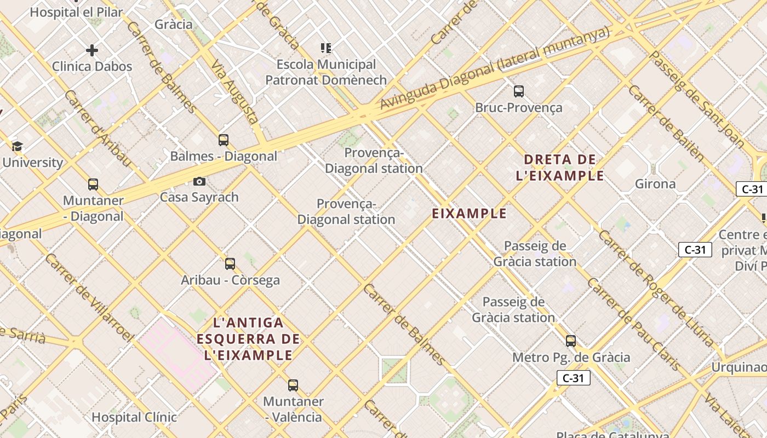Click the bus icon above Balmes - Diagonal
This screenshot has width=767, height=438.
pos(223,140)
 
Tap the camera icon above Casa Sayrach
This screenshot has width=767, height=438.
pos(199,181)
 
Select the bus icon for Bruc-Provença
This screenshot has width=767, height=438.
pos(518,91)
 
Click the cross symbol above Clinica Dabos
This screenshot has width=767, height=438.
pos(92,51)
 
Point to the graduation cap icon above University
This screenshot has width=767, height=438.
pos(17,146)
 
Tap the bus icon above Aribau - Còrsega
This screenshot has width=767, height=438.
pos(230,264)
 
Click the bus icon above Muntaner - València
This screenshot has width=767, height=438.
pos(293,385)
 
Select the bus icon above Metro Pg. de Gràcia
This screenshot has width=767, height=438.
pos(571,341)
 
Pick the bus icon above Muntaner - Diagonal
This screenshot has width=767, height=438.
pos(93,185)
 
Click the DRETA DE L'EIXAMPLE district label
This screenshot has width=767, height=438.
pos(560,168)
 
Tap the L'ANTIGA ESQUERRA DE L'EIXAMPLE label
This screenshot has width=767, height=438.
pos(248,338)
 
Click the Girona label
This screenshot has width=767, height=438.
pos(655,184)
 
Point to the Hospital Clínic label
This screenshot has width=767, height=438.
pos(134,417)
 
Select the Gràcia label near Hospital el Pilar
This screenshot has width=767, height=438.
pos(174,24)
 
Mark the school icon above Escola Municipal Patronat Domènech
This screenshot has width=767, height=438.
pos(326,48)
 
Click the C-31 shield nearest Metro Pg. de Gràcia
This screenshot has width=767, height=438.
pos(574,378)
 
